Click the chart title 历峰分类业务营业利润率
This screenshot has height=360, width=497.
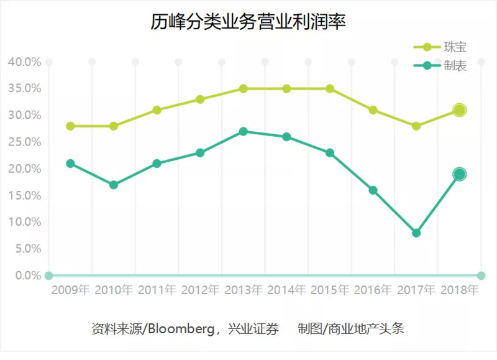248,22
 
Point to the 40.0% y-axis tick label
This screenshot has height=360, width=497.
24,62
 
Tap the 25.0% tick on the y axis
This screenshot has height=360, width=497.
24,142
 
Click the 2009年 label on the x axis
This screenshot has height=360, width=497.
70,290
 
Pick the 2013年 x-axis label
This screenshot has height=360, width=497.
244,290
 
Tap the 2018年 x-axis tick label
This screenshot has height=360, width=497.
459,290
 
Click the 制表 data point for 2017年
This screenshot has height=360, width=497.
416,233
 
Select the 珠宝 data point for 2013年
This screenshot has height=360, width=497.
244,89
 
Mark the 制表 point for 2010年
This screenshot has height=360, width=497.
114,185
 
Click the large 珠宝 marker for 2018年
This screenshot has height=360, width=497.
459,110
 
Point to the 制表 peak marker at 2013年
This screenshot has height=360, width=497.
244,132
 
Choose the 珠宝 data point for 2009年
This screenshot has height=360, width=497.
70,126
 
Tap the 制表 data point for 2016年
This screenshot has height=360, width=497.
373,190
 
